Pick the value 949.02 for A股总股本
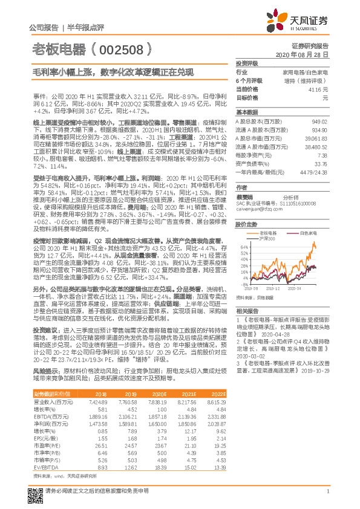pos(319,122)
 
